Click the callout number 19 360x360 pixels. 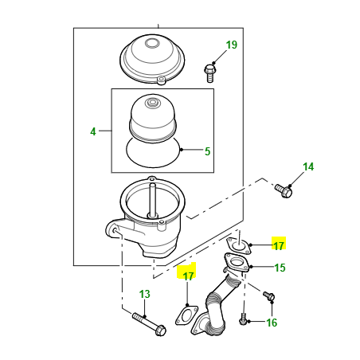point(232,45)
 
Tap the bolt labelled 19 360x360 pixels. point(209,72)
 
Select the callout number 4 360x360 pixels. point(93,131)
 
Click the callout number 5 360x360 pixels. point(207,151)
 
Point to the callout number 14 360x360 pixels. point(308,166)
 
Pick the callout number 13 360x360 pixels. point(145,294)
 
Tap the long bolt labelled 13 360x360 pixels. point(150,324)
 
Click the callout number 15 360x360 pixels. point(280,268)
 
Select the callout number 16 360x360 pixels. point(272,323)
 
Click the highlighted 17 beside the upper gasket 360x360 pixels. point(279,245)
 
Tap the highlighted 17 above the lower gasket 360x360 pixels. point(188,276)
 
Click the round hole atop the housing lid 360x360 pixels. point(151,43)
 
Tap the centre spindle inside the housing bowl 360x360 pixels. point(152,200)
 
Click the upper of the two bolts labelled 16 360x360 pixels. point(268,296)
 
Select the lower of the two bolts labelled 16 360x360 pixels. point(243,319)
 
